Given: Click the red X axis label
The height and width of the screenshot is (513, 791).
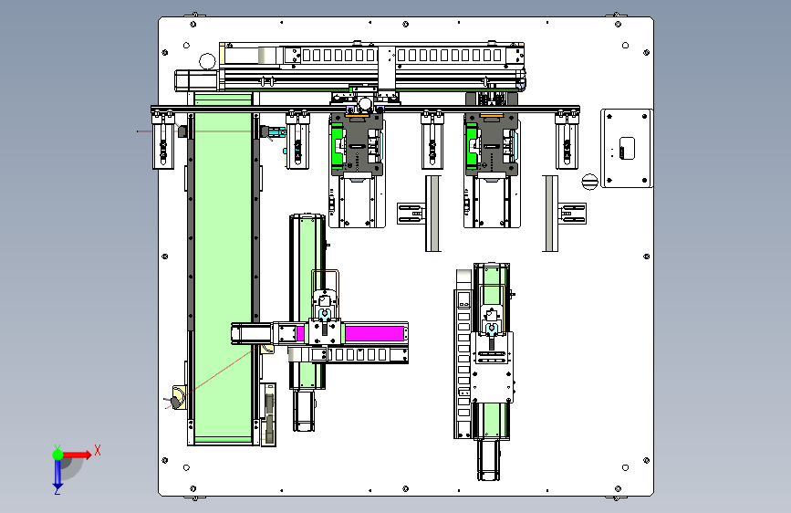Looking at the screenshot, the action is pyautogui.click(x=98, y=450).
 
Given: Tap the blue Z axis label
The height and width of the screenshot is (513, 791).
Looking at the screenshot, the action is pyautogui.click(x=57, y=490).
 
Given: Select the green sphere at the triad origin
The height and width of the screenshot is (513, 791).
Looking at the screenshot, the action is pyautogui.click(x=58, y=455).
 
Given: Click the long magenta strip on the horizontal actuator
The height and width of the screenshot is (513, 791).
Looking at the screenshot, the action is pyautogui.click(x=374, y=334).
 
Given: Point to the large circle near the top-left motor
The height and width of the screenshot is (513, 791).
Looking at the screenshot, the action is pyautogui.click(x=207, y=61).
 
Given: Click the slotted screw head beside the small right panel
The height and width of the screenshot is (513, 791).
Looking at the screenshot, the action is pyautogui.click(x=589, y=182).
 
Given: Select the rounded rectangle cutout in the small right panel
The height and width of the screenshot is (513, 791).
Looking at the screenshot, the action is pyautogui.click(x=627, y=148).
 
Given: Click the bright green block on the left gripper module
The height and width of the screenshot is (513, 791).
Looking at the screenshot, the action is pyautogui.click(x=337, y=146).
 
